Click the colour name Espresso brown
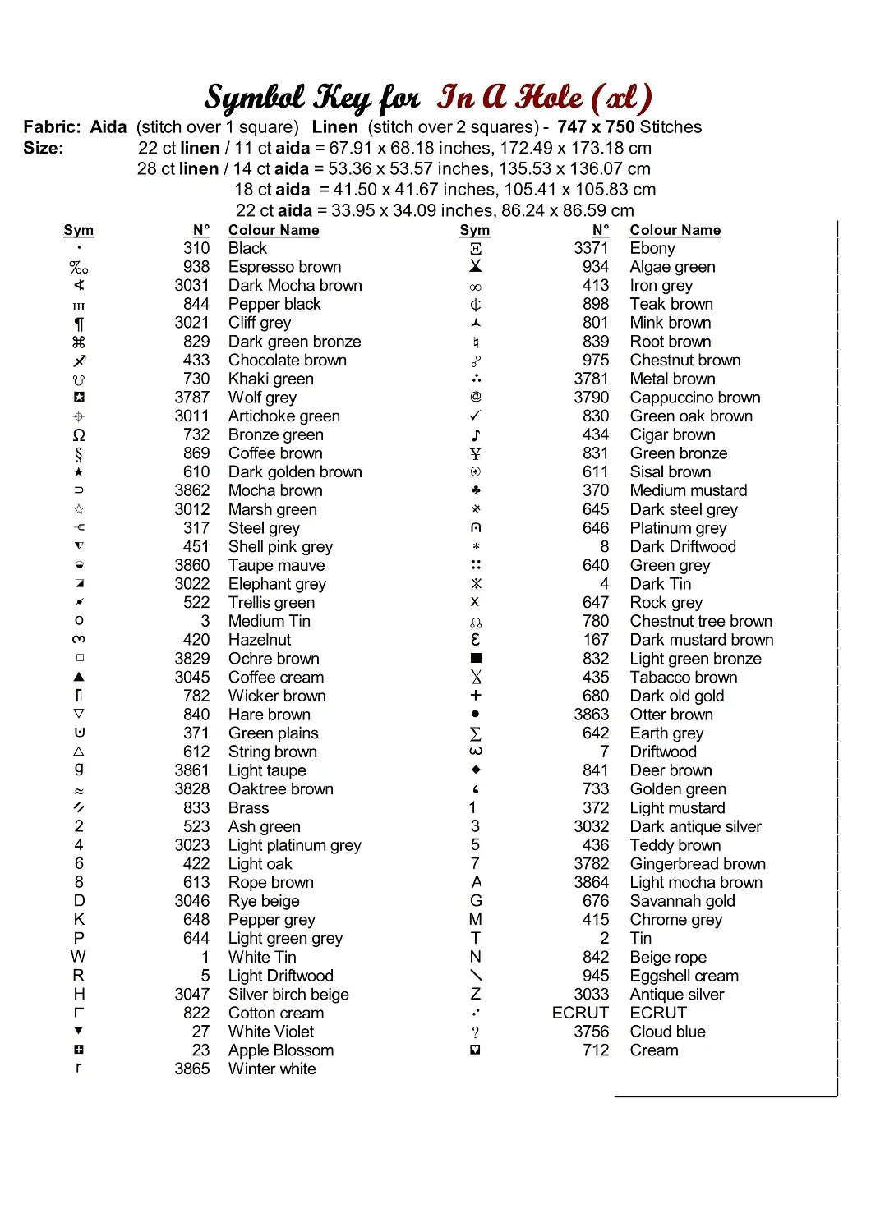(284, 267)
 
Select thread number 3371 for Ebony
(591, 248)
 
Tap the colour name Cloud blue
(667, 1032)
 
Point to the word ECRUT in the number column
(580, 1013)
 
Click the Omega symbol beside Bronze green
(79, 435)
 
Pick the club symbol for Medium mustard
(476, 490)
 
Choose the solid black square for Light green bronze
(476, 659)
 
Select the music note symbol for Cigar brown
(476, 435)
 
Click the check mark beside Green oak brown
(476, 416)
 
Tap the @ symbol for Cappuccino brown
(476, 398)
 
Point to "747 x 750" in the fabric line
(596, 127)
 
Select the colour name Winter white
(272, 1069)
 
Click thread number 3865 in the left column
(192, 1069)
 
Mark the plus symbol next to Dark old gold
(476, 696)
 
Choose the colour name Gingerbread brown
(698, 864)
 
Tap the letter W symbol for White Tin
(78, 957)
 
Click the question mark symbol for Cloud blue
(476, 1032)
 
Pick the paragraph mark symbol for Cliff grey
(79, 324)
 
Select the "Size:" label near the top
(44, 149)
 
